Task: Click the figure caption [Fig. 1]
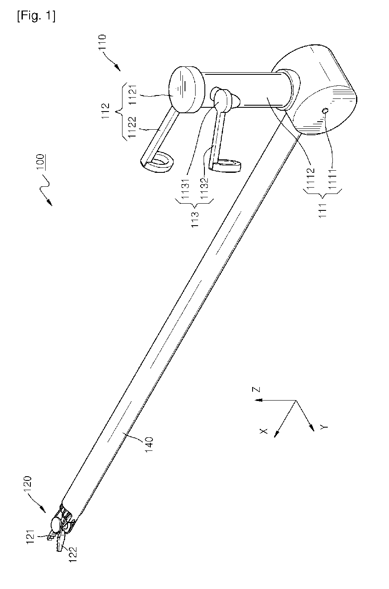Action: [x=36, y=16]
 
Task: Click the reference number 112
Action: [x=108, y=112]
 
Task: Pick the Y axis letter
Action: [x=324, y=427]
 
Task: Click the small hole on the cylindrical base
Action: [x=325, y=111]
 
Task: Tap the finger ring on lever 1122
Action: [x=160, y=162]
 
